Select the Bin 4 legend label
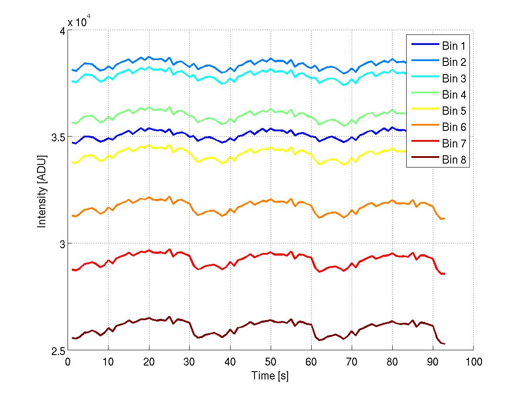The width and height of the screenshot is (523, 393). [454, 95]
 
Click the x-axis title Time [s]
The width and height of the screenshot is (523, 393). [270, 376]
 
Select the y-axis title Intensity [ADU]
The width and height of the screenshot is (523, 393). [42, 191]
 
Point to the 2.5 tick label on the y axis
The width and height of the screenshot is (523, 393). [57, 352]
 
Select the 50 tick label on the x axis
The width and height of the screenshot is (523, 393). [271, 362]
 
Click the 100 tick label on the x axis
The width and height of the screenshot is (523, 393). [473, 362]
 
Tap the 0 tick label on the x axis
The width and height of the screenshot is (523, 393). [68, 362]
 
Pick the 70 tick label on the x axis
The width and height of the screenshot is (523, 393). [352, 362]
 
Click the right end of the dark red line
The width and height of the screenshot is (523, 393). [445, 344]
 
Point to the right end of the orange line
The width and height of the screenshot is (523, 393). [445, 218]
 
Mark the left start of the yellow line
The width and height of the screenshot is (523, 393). [72, 163]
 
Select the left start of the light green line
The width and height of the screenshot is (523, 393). [72, 123]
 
